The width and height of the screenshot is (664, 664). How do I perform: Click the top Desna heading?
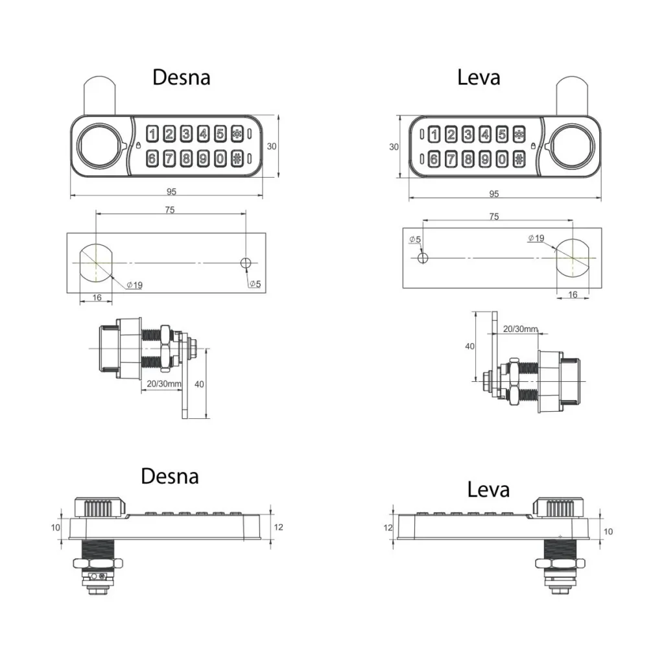pos(181,77)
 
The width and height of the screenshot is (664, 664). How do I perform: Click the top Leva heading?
pos(479,77)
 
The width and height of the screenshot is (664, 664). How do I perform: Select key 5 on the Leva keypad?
pos(502,135)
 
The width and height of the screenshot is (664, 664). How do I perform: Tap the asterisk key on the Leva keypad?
pos(519,135)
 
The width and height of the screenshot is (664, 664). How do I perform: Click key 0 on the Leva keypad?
pos(502,159)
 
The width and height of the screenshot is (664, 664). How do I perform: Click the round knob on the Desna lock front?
pos(99,145)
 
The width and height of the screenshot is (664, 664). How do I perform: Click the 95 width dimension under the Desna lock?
pos(171,191)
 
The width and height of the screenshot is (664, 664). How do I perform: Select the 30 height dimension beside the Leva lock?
pos(394,147)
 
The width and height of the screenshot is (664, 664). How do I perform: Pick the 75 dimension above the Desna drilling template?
pos(169,209)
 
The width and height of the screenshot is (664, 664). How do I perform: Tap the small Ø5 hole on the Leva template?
pos(423,257)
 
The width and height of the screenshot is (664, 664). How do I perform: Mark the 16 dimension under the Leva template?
pos(573,294)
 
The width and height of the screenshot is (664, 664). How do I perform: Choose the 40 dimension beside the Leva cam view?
pos(470,346)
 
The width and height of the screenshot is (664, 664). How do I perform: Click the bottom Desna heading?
pos(170,477)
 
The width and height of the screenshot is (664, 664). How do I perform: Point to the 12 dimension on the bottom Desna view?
pos(278,527)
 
